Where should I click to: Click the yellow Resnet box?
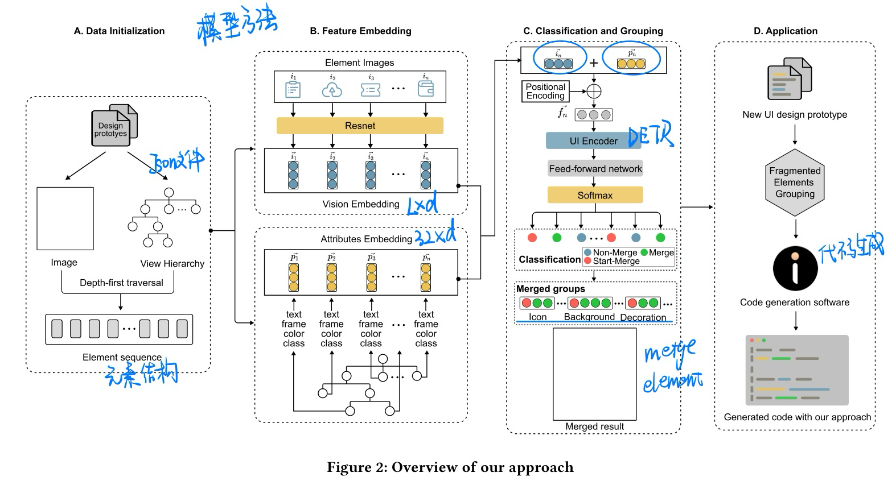(360, 126)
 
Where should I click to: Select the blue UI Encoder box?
(593, 141)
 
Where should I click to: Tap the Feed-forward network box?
(595, 169)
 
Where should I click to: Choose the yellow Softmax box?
(595, 195)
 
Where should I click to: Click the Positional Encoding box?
(545, 91)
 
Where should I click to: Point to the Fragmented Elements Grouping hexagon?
(795, 183)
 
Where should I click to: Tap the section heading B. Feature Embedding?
(360, 31)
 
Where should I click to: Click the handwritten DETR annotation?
(651, 135)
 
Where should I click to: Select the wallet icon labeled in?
(425, 89)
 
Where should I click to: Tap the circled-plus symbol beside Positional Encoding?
(594, 91)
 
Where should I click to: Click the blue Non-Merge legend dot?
(587, 252)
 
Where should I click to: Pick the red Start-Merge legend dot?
(587, 261)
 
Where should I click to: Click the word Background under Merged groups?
(589, 317)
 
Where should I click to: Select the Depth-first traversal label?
(121, 283)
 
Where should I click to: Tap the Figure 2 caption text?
(450, 467)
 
